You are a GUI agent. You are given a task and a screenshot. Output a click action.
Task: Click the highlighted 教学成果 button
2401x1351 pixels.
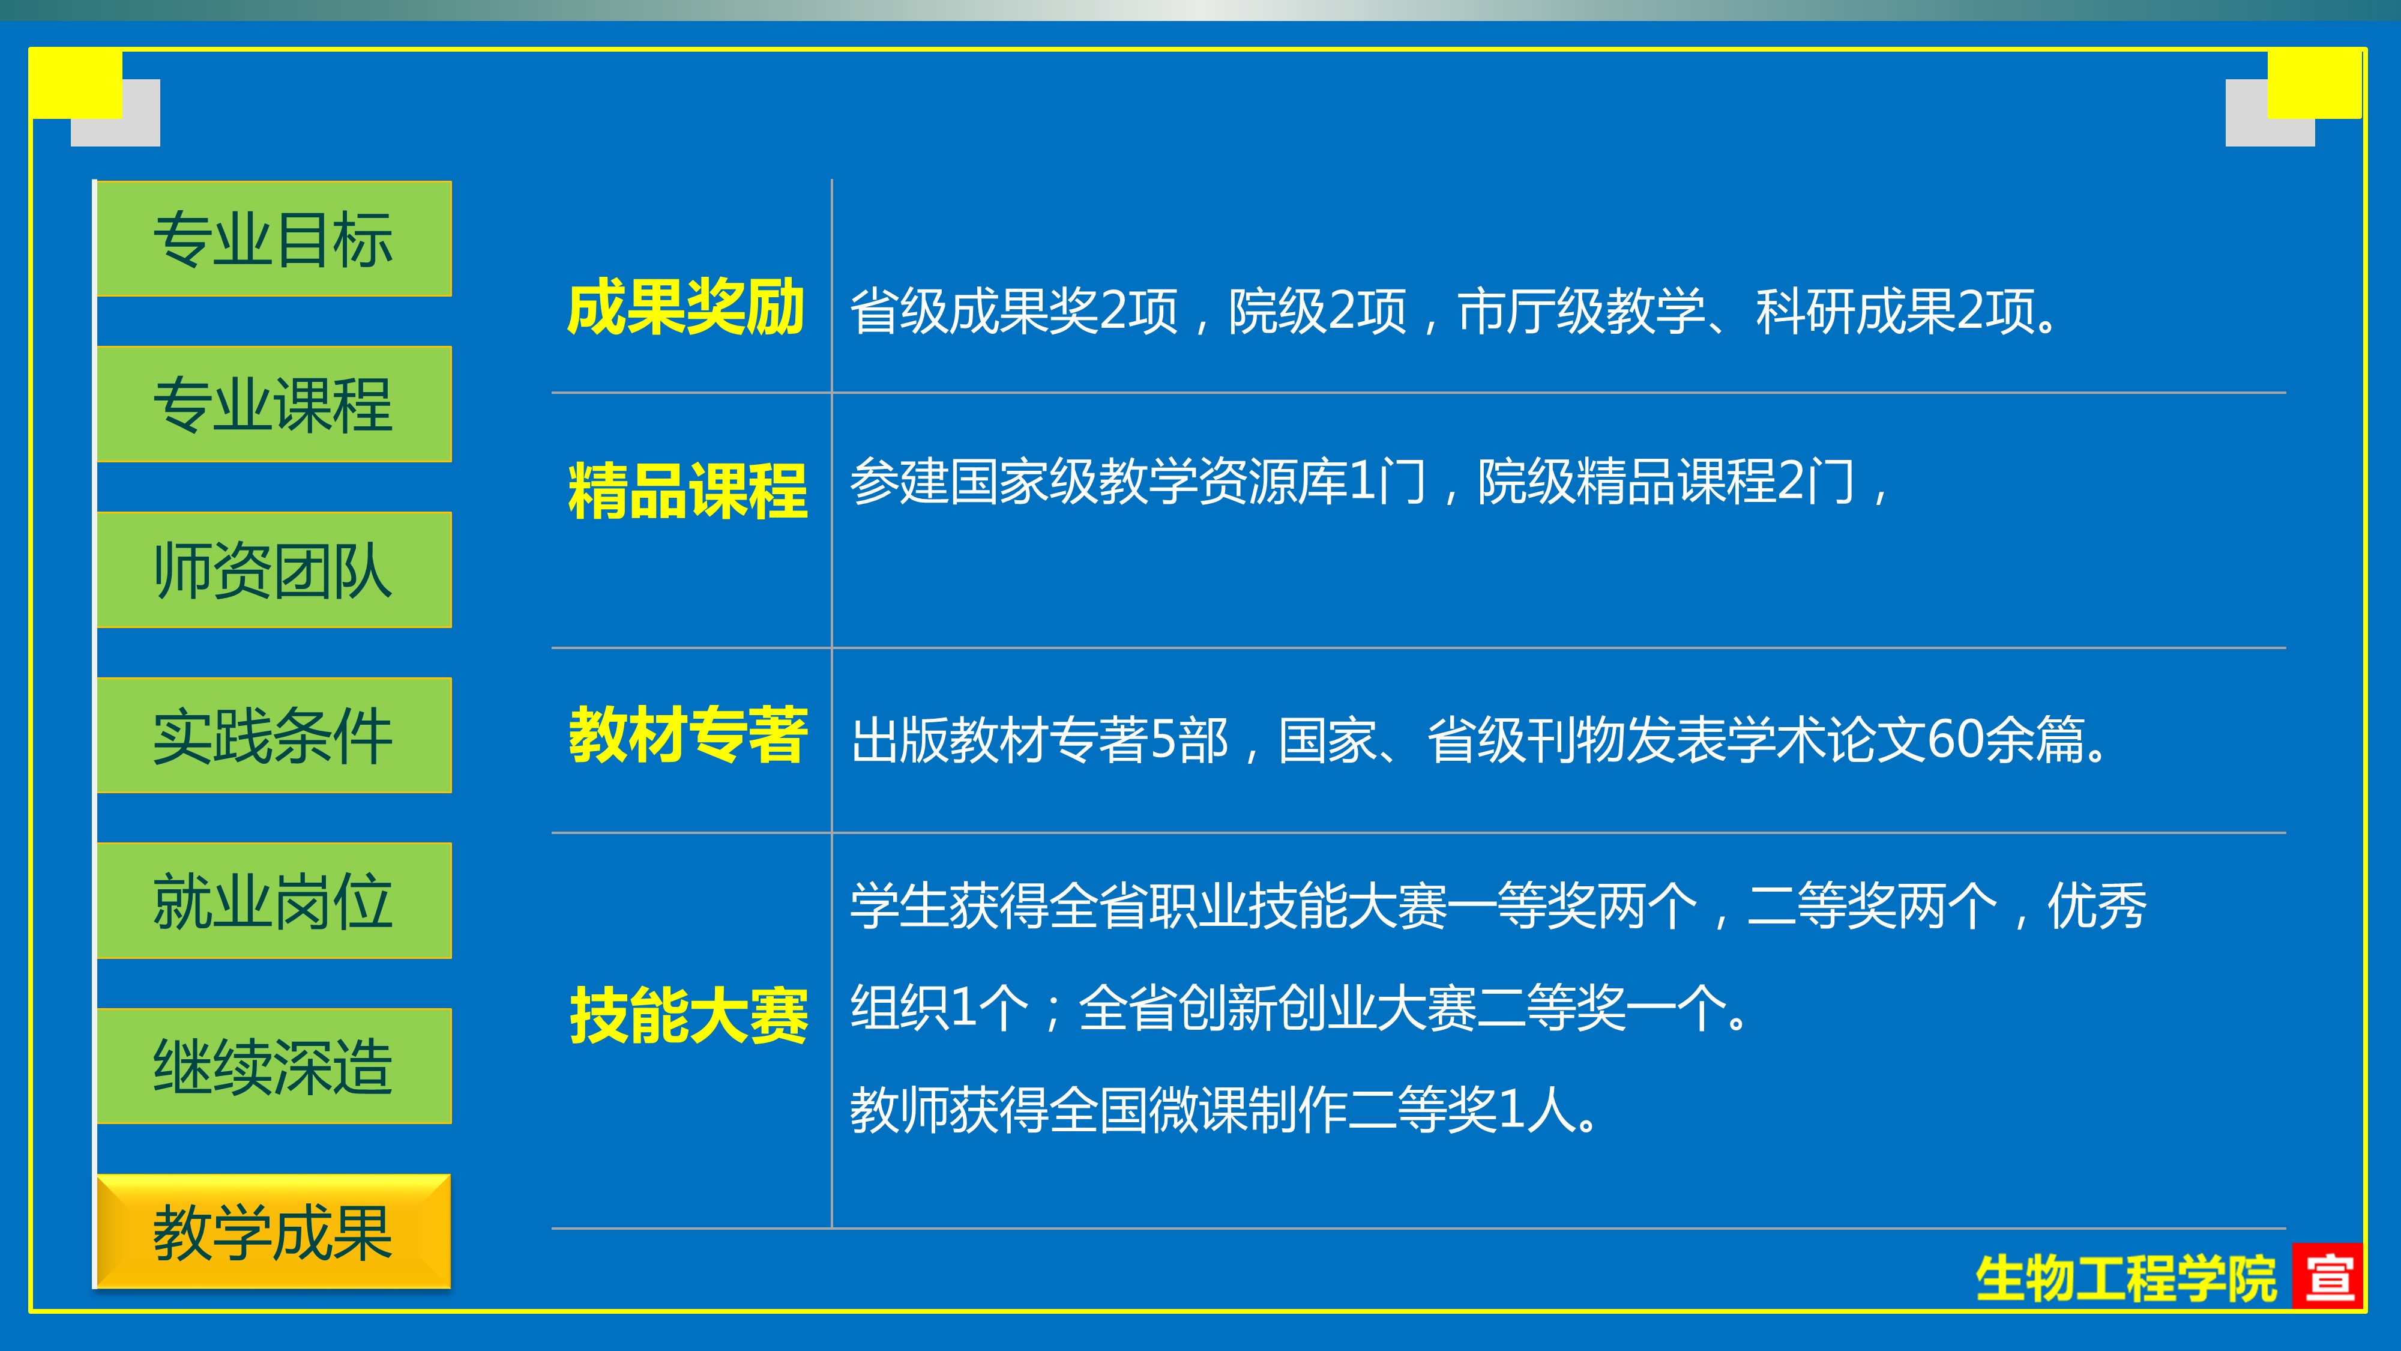pyautogui.click(x=273, y=1232)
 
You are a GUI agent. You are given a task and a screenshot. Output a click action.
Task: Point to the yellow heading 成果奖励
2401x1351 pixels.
pyautogui.click(x=686, y=307)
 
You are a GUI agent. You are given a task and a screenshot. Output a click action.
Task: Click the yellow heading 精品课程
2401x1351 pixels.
pyautogui.click(x=688, y=491)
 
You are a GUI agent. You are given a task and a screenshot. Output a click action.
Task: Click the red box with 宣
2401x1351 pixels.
pyautogui.click(x=2327, y=1275)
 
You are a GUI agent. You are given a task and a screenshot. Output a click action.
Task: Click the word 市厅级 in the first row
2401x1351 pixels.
pyautogui.click(x=1531, y=310)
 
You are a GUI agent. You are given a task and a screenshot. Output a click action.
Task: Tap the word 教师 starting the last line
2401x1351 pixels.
pyautogui.click(x=899, y=1110)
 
